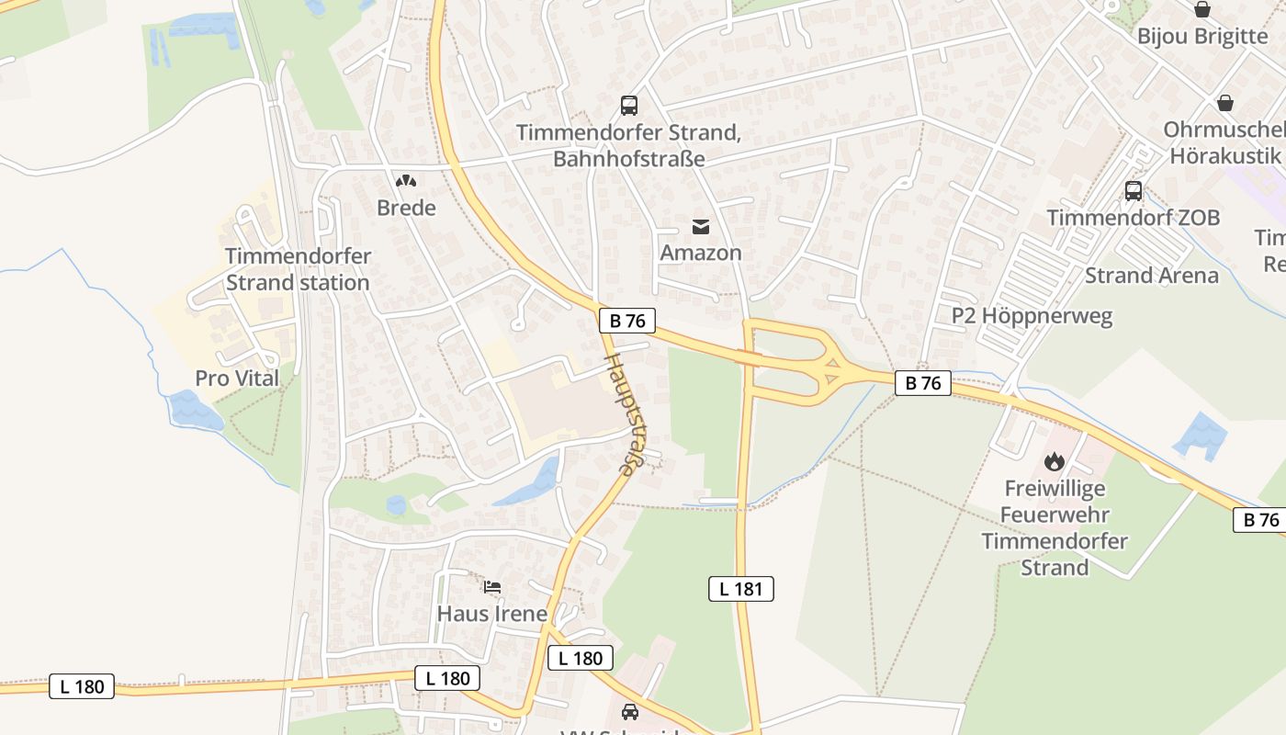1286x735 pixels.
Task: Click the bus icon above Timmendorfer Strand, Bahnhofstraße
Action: [x=628, y=106]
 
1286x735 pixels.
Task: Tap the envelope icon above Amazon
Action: [x=701, y=227]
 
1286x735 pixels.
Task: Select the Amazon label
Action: [x=701, y=253]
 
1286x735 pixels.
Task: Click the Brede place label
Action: [x=406, y=208]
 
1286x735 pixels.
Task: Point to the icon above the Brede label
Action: [x=404, y=181]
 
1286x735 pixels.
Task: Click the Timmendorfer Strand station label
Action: [x=298, y=269]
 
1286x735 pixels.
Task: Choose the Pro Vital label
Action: [x=237, y=378]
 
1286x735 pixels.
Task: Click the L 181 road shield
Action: [x=740, y=589]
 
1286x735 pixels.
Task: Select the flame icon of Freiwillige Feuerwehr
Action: [x=1054, y=461]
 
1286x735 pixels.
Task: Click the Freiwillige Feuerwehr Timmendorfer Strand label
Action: [x=1055, y=527]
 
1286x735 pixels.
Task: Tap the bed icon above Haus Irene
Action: [x=492, y=586]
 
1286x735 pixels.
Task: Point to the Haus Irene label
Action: [x=491, y=613]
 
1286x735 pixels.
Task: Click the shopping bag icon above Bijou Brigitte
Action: [x=1202, y=9]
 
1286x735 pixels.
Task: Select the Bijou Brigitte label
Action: [x=1202, y=36]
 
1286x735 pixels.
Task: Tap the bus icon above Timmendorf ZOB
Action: [x=1134, y=191]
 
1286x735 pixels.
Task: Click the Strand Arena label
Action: [x=1152, y=276]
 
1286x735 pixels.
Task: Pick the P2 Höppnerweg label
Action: [x=1032, y=316]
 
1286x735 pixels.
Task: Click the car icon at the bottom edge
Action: [x=629, y=711]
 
